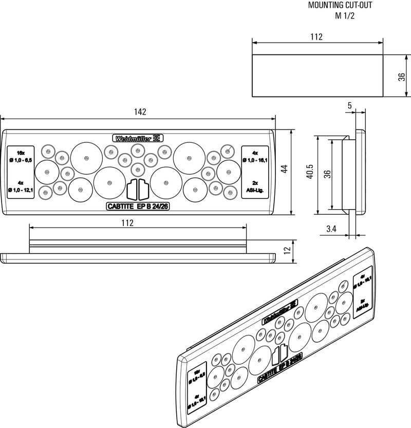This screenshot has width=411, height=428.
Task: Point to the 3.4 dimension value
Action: [331, 230]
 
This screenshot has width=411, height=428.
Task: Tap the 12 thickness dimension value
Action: [288, 250]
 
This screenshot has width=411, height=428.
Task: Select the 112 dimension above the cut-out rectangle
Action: [316, 36]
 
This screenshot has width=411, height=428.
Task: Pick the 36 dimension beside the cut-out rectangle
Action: [402, 76]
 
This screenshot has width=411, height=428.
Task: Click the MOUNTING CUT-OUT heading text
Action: [339, 6]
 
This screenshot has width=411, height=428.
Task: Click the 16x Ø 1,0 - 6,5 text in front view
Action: [21, 157]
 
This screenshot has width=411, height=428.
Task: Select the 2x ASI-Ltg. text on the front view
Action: [255, 187]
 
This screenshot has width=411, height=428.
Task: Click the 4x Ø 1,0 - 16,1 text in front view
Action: [255, 157]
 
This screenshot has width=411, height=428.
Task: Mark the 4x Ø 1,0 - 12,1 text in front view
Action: [21, 187]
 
